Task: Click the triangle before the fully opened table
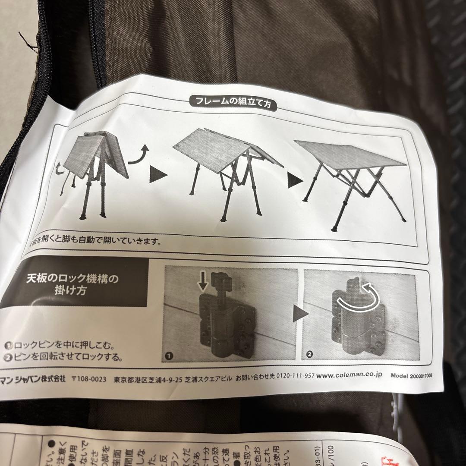click(294, 181)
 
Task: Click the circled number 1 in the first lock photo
click(169, 356)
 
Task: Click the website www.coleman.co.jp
click(349, 376)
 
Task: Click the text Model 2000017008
click(410, 375)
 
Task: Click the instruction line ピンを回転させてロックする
click(64, 357)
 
